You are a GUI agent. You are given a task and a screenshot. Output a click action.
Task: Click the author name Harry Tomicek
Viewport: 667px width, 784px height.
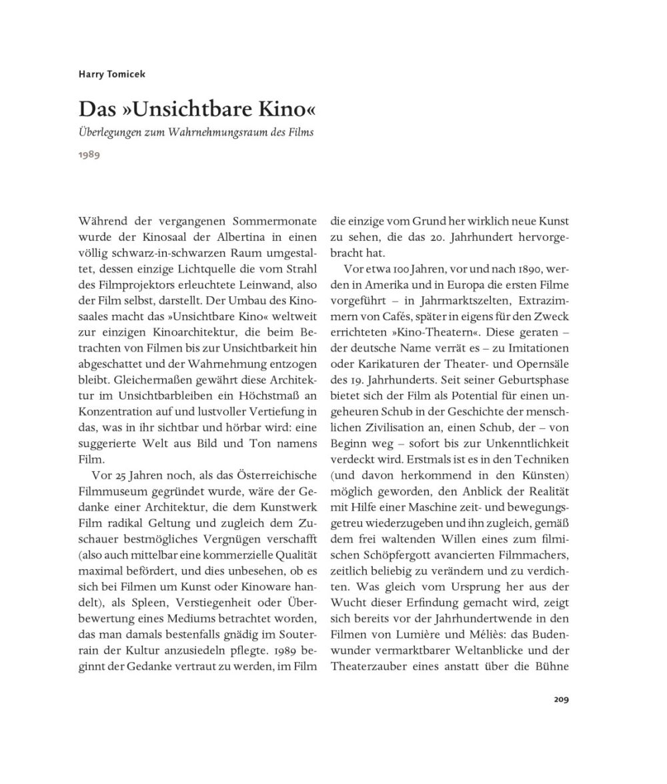pyautogui.click(x=111, y=74)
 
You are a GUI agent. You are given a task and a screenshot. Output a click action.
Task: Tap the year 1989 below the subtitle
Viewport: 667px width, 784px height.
pyautogui.click(x=89, y=155)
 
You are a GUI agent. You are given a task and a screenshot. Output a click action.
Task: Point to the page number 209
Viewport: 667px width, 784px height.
pyautogui.click(x=561, y=699)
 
